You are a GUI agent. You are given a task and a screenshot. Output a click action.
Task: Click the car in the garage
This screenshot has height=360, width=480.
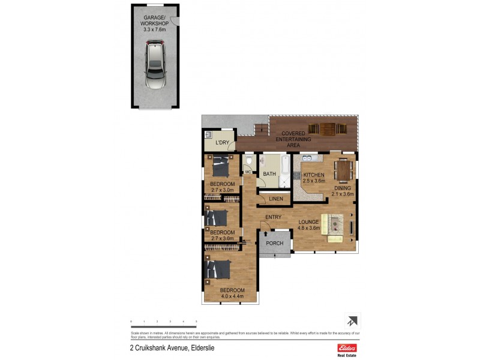click(x=155, y=65)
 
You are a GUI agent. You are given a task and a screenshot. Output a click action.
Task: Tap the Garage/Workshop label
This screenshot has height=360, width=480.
click(x=155, y=24)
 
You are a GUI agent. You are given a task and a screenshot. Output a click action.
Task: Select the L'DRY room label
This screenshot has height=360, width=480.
click(x=222, y=142)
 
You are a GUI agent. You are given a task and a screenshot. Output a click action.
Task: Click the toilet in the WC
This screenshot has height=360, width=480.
click(x=249, y=161)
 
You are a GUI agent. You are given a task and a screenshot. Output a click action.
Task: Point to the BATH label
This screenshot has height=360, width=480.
click(x=269, y=174)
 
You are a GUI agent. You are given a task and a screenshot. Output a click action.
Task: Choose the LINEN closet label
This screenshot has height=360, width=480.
click(x=275, y=199)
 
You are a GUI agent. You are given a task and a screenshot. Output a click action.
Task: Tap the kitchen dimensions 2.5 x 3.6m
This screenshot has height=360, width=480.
click(x=313, y=181)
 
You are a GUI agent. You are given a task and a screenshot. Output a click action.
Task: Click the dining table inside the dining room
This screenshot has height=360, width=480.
click(x=343, y=170)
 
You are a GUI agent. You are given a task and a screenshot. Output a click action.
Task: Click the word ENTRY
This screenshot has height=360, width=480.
click(x=273, y=217)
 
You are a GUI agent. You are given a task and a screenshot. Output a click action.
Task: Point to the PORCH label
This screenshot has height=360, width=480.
click(x=274, y=243)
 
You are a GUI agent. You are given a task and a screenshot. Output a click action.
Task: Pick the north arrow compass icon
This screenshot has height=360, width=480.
click(x=351, y=321)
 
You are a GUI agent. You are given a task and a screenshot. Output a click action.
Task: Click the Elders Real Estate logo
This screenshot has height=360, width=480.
click(x=347, y=349)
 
